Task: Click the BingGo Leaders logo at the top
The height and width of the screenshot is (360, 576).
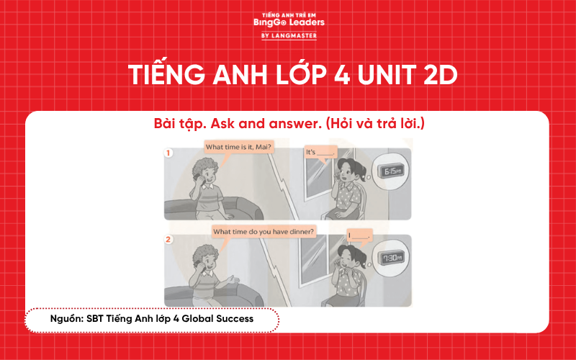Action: [x=289, y=22]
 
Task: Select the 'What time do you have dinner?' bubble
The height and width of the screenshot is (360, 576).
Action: [x=269, y=231]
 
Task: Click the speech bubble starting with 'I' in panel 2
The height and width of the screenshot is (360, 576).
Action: [x=359, y=235]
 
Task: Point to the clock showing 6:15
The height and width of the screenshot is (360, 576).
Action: [x=392, y=172]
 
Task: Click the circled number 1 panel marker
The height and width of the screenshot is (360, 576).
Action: [x=168, y=153]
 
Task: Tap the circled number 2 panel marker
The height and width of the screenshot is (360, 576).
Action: [x=168, y=239]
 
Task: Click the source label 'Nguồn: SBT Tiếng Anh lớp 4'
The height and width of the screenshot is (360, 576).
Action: [x=152, y=318]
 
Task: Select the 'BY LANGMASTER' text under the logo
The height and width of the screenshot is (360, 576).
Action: [x=288, y=35]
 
